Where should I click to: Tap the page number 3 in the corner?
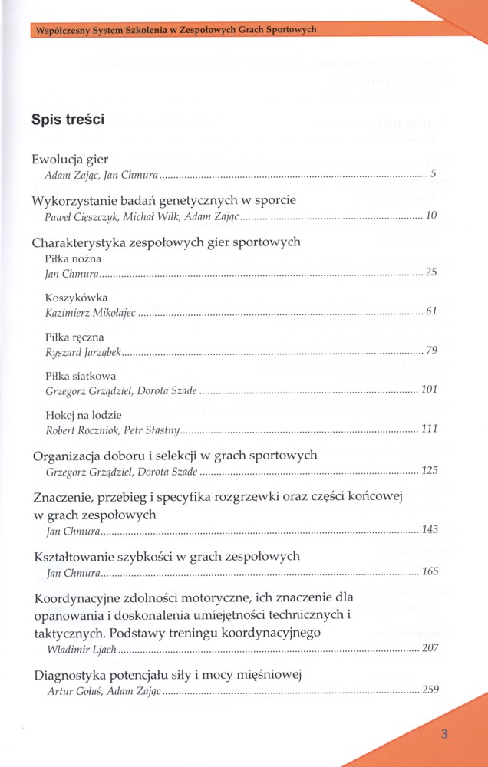click(444, 733)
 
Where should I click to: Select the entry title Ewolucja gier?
click(71, 160)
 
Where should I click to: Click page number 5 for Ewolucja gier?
click(433, 174)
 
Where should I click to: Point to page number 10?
click(430, 216)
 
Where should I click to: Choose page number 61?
click(430, 311)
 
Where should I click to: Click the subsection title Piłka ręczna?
click(75, 337)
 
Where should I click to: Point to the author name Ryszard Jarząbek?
click(84, 351)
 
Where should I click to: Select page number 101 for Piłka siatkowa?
click(429, 390)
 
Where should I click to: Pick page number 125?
click(429, 469)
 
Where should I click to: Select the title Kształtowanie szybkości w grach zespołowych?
click(166, 555)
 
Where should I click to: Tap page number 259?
click(430, 689)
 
